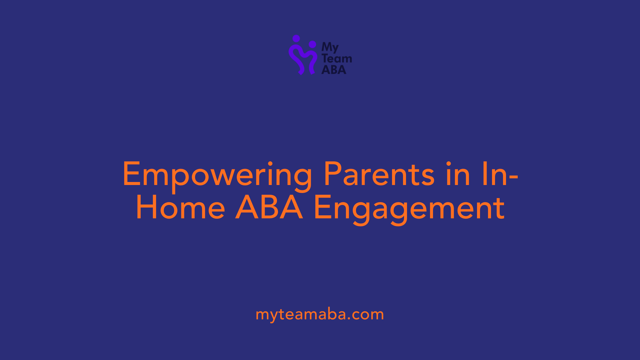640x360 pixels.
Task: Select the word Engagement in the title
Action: pos(409,210)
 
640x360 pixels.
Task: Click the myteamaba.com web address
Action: pos(320,315)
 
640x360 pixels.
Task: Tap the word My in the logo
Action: pos(330,48)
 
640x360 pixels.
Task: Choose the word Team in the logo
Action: pos(337,58)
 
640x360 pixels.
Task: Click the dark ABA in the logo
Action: pos(334,70)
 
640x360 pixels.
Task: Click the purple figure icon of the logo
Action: pos(303,55)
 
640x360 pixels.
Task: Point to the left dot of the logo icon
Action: pos(296,39)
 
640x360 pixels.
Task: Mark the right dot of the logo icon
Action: pos(312,44)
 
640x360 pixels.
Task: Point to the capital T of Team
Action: pos(325,58)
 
